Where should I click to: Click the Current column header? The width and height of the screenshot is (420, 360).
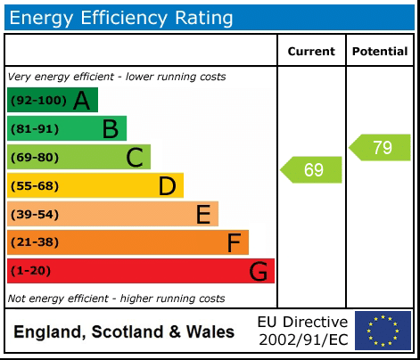coord(311,52)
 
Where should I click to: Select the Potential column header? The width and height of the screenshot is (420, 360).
coord(380,52)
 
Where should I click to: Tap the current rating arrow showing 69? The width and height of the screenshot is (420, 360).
coord(311,169)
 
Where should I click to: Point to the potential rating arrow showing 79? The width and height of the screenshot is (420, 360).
coord(380,147)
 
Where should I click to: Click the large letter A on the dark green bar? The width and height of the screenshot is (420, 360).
coord(81,101)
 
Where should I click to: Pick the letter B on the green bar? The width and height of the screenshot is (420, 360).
coord(111,129)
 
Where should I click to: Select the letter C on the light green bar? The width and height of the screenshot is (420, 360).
coord(135,158)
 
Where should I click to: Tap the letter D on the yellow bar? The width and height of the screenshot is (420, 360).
coord(168,186)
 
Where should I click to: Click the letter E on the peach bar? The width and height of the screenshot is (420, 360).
coord(203,214)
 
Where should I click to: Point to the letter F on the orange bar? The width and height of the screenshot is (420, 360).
coord(234,242)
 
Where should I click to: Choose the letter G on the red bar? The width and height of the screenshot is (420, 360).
coord(258,271)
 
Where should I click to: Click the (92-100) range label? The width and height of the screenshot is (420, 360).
coord(38,101)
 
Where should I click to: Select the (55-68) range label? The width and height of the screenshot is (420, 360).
coord(35,186)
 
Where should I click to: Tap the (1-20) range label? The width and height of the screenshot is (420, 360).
coord(30,271)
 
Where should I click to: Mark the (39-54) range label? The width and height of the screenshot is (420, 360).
coord(35,214)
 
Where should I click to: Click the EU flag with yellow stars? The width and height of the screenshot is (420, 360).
coord(383,331)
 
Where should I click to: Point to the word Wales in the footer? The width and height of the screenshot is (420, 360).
coord(210,331)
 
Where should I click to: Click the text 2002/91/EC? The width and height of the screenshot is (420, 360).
coord(303,340)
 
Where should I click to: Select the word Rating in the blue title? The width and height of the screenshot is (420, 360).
coord(203,19)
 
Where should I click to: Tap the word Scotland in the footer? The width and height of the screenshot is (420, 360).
coord(128,331)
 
